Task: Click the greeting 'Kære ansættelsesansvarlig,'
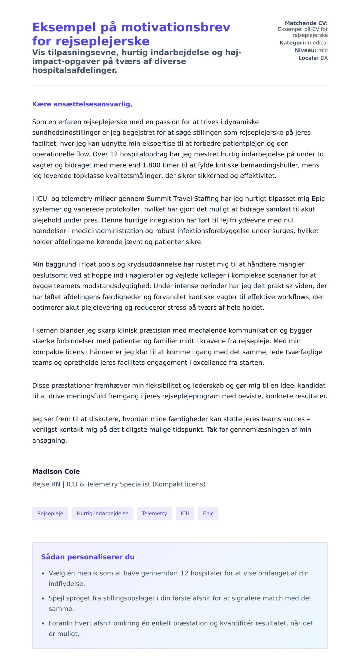click(82, 104)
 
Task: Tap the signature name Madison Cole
click(56, 471)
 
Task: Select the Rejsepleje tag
click(50, 513)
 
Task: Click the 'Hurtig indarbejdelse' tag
click(102, 513)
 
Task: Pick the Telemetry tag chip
click(154, 513)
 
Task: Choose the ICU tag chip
click(185, 513)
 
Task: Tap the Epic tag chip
click(208, 513)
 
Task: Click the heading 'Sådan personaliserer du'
click(88, 557)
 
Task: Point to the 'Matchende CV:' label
click(306, 23)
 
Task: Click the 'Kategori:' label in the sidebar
click(293, 43)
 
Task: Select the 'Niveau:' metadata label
click(305, 50)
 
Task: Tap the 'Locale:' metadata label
click(308, 58)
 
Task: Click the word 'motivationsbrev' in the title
click(175, 27)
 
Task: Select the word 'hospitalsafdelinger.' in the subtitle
click(75, 70)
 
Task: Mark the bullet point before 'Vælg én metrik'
click(43, 574)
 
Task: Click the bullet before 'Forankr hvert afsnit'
click(43, 624)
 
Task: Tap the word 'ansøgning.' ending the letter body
click(49, 441)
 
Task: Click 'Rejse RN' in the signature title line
click(46, 484)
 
